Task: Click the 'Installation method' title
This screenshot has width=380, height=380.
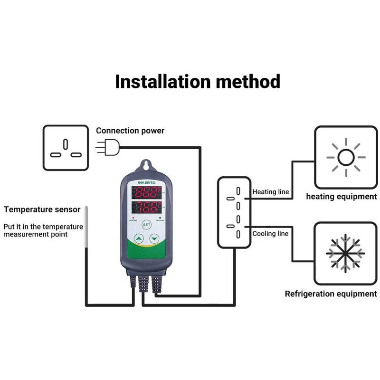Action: click(197, 81)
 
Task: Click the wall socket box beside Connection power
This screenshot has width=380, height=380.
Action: click(66, 148)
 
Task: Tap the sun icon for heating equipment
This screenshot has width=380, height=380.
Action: click(346, 157)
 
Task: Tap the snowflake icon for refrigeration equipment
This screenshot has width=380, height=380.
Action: click(345, 253)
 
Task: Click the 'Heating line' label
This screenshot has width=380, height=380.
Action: click(270, 192)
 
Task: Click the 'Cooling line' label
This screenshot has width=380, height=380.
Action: click(270, 234)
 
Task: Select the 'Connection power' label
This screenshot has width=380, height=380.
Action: click(130, 131)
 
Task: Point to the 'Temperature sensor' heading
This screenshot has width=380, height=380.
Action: click(42, 209)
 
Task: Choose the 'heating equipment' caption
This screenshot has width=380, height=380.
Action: click(341, 196)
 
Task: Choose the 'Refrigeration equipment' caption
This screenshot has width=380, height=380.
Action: click(331, 294)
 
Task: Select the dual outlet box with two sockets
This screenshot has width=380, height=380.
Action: click(234, 212)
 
